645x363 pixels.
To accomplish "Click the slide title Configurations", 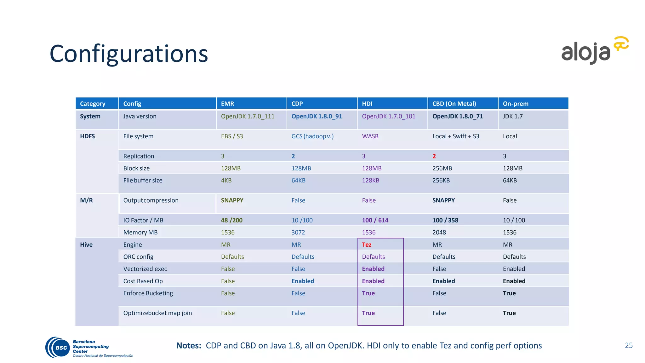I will tap(128, 54).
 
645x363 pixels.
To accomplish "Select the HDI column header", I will tap(367, 104).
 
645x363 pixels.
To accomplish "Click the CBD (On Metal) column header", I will tap(454, 104).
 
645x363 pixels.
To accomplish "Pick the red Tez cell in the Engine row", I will tap(367, 245).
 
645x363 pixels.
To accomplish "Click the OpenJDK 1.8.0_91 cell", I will tap(317, 116).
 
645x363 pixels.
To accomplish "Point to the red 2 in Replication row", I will tap(434, 156).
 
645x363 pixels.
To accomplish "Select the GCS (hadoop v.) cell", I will tap(312, 136).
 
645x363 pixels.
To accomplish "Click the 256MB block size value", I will tap(442, 168).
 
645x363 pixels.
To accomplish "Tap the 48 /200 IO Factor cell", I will tap(231, 220).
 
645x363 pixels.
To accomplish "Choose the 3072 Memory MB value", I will tap(298, 232).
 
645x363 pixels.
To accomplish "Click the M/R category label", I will tap(86, 200).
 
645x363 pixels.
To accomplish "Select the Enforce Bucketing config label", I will tap(148, 293).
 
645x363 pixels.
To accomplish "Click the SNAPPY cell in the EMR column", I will tap(232, 200).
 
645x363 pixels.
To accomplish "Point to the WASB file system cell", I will tap(370, 136).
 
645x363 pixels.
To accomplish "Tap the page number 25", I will tap(629, 345).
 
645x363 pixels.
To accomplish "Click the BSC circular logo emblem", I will tap(59, 348).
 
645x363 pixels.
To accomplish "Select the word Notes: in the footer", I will tap(188, 346).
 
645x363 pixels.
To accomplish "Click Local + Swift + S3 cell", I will tap(455, 136).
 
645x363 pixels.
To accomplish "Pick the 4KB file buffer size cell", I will tap(226, 180).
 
